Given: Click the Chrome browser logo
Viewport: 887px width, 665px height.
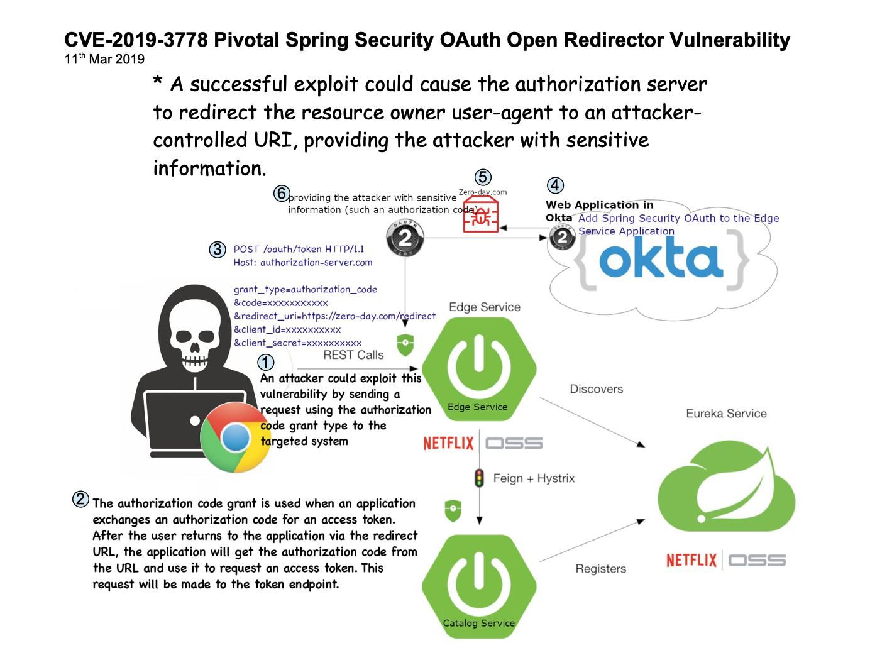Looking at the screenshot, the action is pos(235,437).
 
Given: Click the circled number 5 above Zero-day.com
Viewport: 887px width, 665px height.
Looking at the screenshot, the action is pos(483,177).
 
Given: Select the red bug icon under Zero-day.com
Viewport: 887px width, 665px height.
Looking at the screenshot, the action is pos(480,215).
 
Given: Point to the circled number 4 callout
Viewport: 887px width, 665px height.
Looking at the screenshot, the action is pos(555,185).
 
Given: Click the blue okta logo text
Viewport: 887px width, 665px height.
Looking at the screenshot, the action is pos(661,257).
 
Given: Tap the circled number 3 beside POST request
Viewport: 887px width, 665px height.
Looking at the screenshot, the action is pos(218,250).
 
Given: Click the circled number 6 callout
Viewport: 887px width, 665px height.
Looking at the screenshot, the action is pos(281,193).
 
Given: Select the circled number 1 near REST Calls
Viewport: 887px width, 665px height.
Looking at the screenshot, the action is pos(265,362).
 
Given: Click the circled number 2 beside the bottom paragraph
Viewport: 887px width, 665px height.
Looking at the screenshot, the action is pos(80,499).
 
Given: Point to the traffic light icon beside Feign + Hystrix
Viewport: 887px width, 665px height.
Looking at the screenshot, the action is pos(479,478).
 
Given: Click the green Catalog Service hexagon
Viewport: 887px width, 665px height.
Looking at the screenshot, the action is pos(479,586).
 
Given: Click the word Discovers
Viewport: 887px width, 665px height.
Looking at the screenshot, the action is pos(597,388).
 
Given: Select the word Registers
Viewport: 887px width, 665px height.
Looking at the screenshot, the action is pos(601,568).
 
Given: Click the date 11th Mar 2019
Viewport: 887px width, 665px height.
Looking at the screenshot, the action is pos(104,59).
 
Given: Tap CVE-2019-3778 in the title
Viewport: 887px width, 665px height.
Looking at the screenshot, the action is pos(136,40).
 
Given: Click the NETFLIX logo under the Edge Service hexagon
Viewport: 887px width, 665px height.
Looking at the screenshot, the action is pos(448,443).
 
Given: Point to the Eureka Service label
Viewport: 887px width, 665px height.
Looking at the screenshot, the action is pos(726,414).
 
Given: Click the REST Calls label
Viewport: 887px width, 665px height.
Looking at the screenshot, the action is pos(353,354).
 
